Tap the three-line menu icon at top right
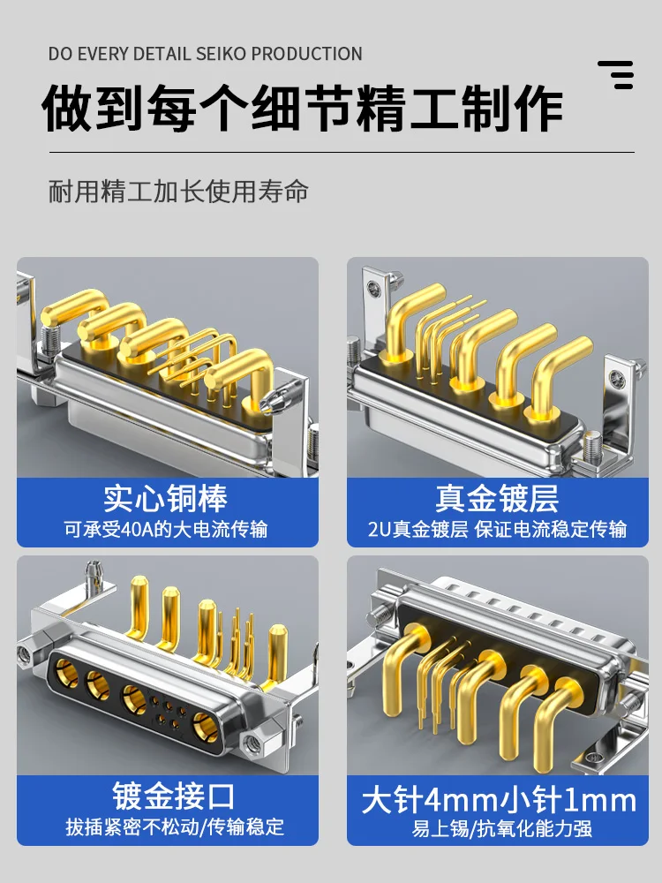pos(616,75)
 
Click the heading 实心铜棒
pos(166,498)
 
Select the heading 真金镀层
pos(497,498)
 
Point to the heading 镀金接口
pos(173,796)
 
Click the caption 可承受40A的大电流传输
pos(166,529)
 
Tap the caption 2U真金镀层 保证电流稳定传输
pos(497,529)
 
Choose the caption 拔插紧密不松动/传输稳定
pos(175,826)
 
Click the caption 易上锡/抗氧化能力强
pos(501,829)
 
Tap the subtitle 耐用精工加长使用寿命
pos(178,191)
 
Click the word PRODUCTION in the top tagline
pos(306,54)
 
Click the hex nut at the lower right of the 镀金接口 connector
pos(251,744)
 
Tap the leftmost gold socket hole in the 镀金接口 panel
pos(66,672)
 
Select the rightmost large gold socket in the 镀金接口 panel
pos(205,727)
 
